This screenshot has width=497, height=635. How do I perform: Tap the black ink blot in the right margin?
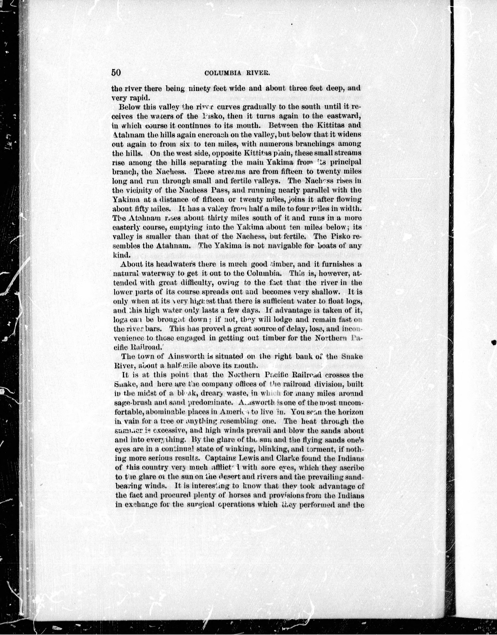[x=494, y=342]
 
